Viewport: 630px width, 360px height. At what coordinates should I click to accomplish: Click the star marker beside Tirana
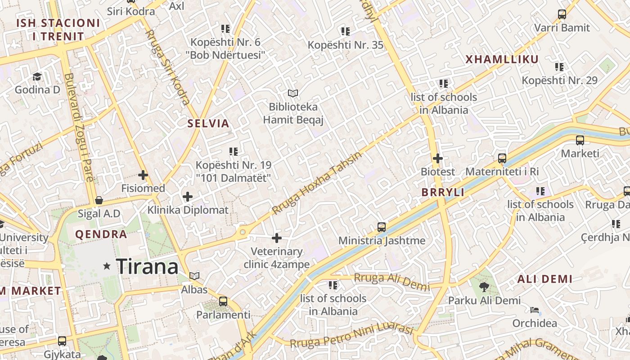pos(107,266)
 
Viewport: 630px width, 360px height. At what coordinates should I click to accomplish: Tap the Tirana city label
pos(147,267)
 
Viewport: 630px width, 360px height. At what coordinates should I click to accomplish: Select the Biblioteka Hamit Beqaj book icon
pos(293,94)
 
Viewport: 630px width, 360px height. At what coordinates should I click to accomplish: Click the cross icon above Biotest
pos(437,158)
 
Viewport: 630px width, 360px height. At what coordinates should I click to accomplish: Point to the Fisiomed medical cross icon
pos(143,175)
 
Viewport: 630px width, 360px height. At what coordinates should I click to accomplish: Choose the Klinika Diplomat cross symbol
pos(188,197)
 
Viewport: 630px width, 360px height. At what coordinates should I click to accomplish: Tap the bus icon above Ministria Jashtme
pos(382,227)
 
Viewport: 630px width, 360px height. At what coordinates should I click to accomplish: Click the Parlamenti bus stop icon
pos(223,301)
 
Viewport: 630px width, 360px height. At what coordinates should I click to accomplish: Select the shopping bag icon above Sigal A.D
pos(99,200)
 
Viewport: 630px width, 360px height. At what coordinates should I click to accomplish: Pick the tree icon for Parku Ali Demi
pos(484,287)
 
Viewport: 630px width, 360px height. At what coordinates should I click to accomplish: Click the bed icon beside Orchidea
pos(535,310)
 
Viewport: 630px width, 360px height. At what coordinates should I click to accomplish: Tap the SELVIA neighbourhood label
pos(208,124)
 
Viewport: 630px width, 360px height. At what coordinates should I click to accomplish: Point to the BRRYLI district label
pos(443,193)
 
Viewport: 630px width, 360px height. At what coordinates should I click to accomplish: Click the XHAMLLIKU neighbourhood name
pos(502,59)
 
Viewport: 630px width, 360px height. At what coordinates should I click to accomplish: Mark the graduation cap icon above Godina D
pos(37,76)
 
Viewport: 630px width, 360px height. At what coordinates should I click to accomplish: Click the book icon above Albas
pos(194,276)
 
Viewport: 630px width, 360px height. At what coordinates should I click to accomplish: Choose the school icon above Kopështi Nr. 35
pos(345,31)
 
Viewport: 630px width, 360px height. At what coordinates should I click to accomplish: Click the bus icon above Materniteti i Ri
pos(502,158)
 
